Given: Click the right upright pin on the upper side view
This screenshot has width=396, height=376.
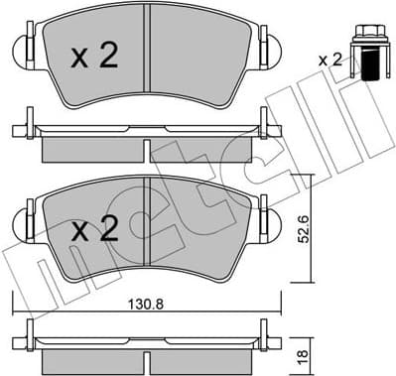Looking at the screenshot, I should [264, 124].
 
